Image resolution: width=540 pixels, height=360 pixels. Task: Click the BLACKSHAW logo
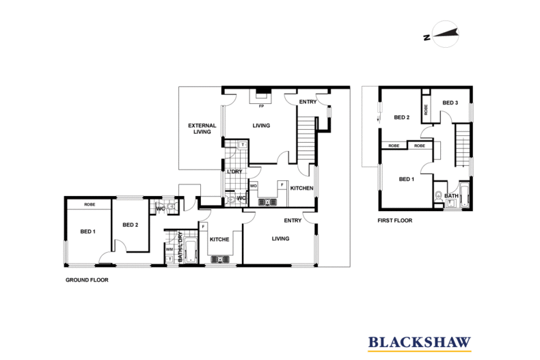pos(419,344)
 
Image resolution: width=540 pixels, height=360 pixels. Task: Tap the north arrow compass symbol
pos(445,33)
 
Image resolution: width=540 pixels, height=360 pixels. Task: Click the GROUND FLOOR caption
pos(87,280)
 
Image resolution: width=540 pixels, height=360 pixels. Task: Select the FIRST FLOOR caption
pos(394,221)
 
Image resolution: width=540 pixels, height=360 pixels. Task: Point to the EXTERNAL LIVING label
pos(202,128)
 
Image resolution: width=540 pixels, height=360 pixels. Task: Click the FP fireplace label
pos(261,107)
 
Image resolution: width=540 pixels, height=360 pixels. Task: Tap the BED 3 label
pos(450,102)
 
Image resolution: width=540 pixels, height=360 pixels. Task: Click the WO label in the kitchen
pos(254,186)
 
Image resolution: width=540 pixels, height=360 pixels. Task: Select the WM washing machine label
pos(170,249)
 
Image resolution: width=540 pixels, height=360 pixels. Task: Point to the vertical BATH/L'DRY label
pos(180,247)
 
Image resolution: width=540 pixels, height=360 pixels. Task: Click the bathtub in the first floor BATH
pos(464,196)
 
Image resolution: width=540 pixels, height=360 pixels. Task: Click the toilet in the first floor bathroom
pos(438,196)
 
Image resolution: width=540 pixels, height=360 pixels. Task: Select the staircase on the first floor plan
pos(463,146)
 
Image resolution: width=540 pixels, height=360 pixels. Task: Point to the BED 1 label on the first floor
pos(407,179)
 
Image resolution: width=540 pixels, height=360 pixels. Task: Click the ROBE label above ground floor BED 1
pos(90,205)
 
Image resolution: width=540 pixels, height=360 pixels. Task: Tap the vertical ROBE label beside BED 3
pos(426,110)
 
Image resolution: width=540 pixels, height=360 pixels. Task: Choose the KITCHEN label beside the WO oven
pos(301,189)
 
